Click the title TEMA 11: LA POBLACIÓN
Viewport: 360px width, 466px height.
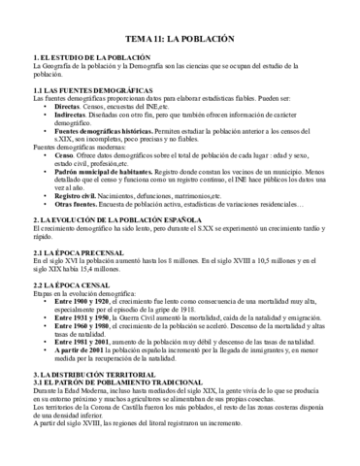coord(180,42)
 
